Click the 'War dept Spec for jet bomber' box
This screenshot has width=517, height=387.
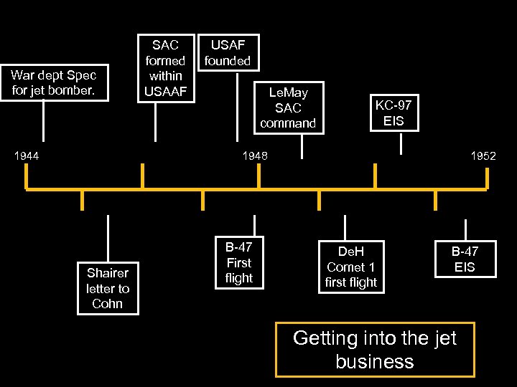[54, 83]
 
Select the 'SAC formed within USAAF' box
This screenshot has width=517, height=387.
[165, 68]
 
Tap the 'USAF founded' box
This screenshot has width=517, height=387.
[228, 53]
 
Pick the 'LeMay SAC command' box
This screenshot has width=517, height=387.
[288, 107]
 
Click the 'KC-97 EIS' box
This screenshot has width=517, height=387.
[393, 113]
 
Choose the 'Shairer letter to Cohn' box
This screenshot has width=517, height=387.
[108, 288]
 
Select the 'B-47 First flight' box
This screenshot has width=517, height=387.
[239, 262]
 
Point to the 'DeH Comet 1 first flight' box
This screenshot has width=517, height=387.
[350, 267]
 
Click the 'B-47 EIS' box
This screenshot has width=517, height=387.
[464, 259]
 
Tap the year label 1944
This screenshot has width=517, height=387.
[26, 156]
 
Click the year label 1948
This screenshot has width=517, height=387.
[254, 156]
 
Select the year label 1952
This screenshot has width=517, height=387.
[483, 156]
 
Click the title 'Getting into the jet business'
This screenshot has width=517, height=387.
[375, 350]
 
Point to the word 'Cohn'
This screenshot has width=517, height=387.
[108, 304]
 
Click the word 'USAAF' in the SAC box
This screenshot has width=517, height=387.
[165, 91]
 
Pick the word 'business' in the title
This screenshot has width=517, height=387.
[375, 361]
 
